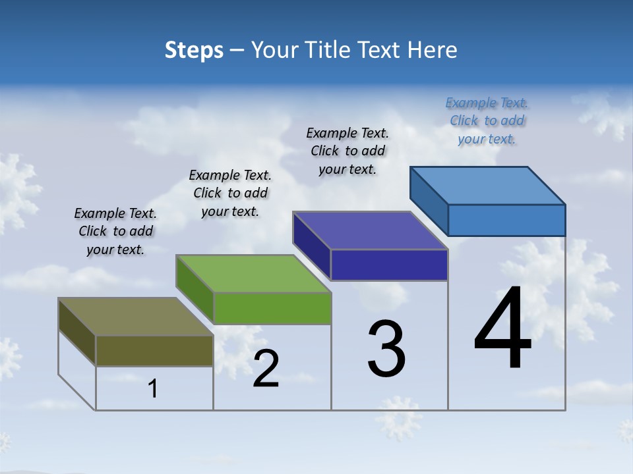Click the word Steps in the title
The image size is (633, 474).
(x=194, y=50)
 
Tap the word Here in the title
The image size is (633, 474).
(x=433, y=50)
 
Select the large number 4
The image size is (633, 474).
(x=502, y=329)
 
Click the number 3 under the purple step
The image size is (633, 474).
(x=386, y=349)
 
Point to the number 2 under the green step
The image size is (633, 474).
(x=266, y=369)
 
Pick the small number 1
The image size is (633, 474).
(x=153, y=388)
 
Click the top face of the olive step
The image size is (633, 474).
(x=135, y=317)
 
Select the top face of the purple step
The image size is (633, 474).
(x=370, y=230)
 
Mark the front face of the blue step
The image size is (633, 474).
(x=506, y=220)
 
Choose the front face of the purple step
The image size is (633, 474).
(x=389, y=265)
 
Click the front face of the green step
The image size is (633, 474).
(x=272, y=308)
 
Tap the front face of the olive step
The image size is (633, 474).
(x=154, y=350)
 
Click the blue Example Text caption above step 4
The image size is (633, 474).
(x=487, y=120)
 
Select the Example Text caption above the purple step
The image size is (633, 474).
(x=347, y=151)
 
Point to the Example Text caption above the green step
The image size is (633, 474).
(x=230, y=193)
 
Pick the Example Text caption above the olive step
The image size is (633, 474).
(x=115, y=231)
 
